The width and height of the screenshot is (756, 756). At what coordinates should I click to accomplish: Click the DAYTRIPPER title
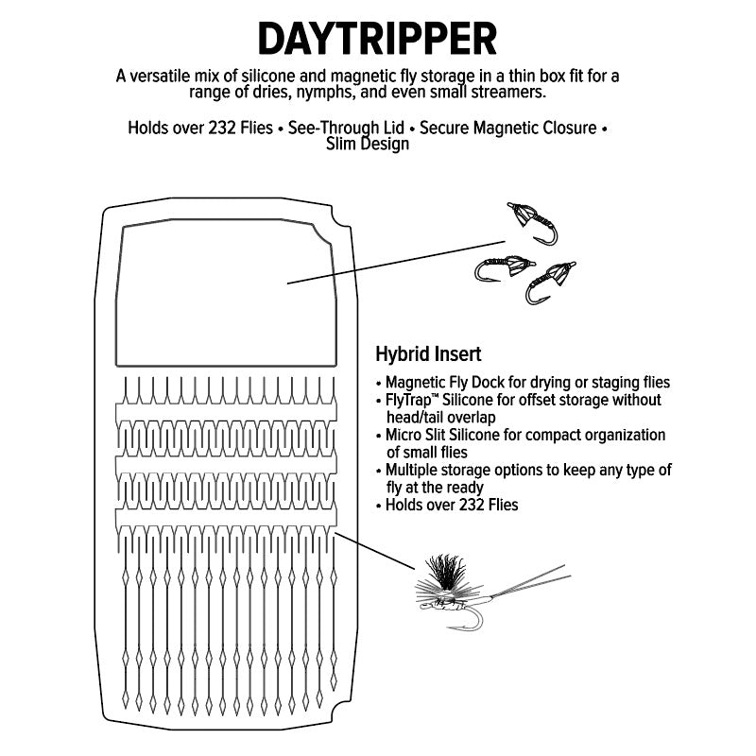[x=377, y=39]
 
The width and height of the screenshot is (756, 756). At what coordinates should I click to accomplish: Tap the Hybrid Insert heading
[x=428, y=353]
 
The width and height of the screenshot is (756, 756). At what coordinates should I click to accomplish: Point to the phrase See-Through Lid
[x=346, y=128]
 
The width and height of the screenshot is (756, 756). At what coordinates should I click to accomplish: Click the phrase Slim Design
[x=368, y=144]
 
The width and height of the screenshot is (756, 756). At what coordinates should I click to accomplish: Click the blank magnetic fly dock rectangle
[x=226, y=293]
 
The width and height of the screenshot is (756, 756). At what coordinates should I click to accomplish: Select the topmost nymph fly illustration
[x=532, y=222]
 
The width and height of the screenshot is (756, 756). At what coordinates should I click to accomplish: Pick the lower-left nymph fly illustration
[x=504, y=268]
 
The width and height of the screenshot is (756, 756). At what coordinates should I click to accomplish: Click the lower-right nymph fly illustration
[x=550, y=283]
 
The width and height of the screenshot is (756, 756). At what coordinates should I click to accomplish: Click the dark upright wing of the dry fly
[x=444, y=573]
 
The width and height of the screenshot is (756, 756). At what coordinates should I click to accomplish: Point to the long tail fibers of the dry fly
[x=530, y=581]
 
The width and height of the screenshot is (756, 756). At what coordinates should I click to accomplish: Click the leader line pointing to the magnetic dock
[x=396, y=263]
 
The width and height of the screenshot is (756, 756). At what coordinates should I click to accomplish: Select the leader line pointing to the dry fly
[x=374, y=551]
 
